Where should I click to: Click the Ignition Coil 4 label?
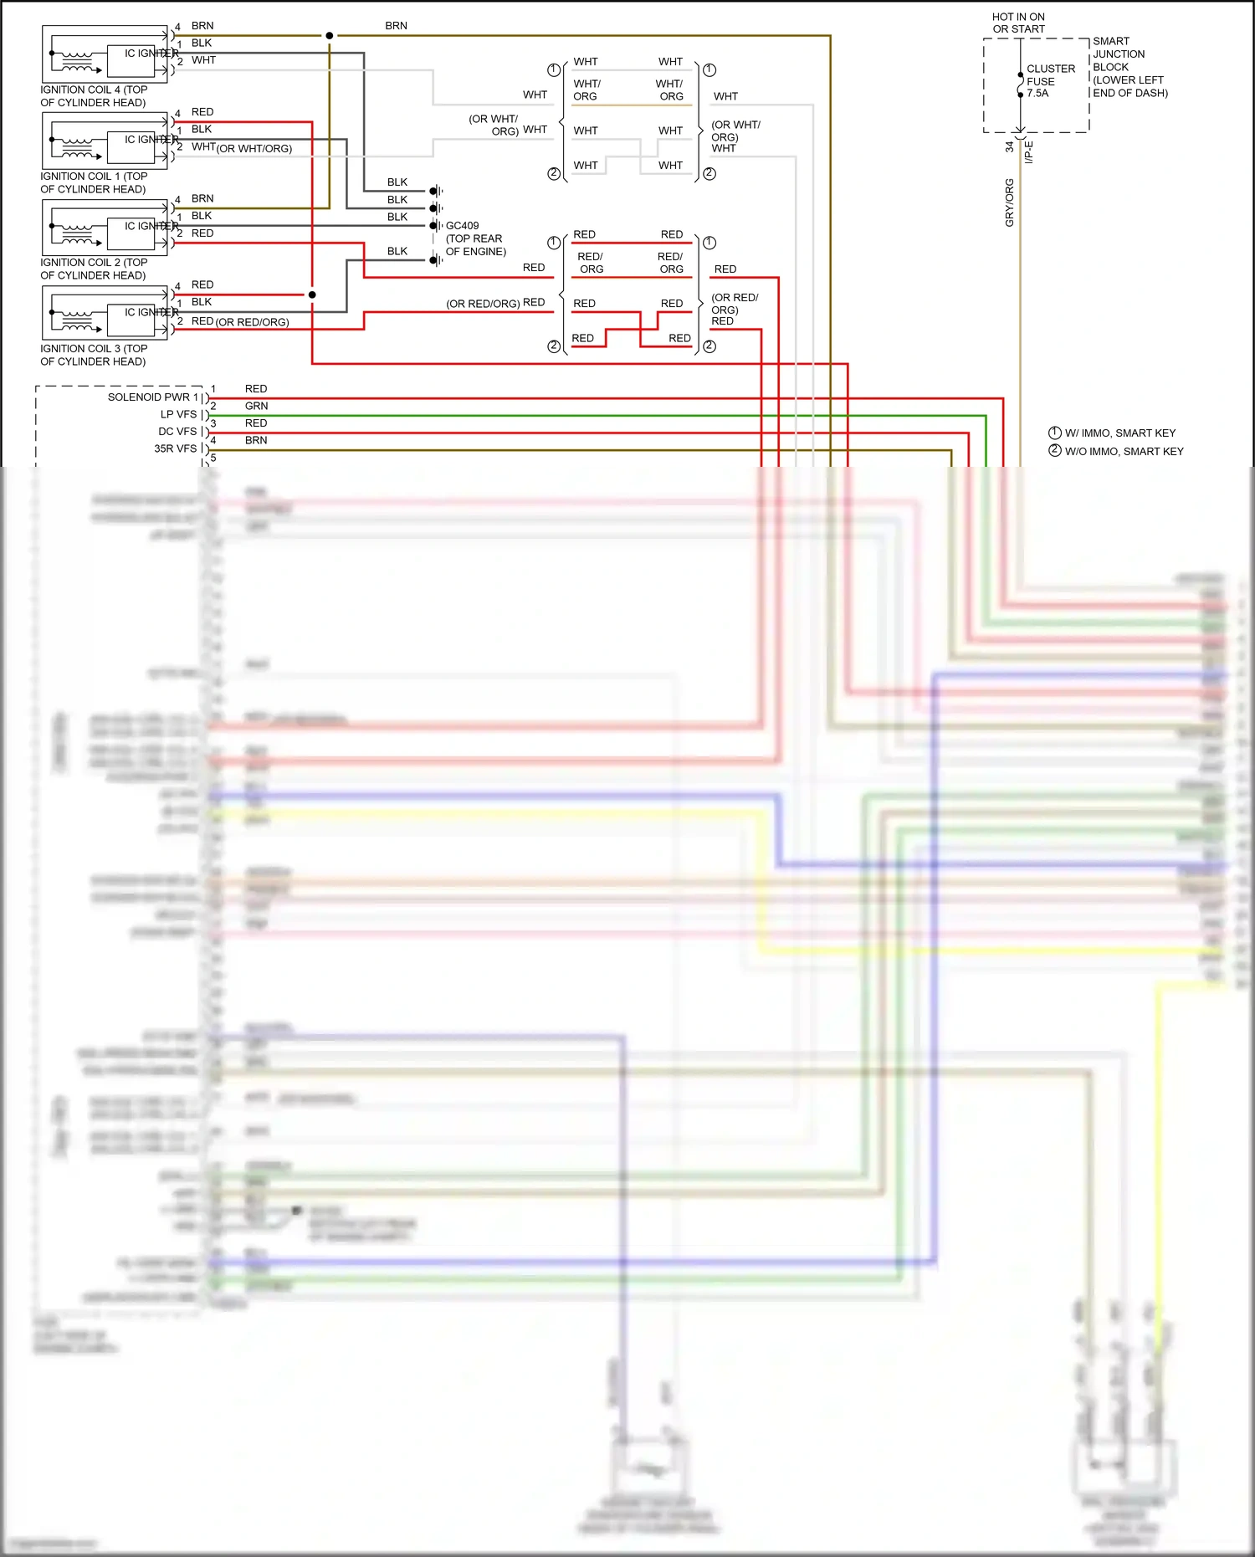point(93,96)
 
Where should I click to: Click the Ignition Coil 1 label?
point(93,182)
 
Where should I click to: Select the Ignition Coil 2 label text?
point(93,269)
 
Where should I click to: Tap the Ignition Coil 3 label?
point(93,355)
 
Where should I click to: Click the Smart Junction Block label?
point(1129,67)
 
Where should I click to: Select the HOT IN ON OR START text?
point(1018,23)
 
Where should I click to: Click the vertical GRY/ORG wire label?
point(1009,202)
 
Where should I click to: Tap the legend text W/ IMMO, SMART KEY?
point(1119,433)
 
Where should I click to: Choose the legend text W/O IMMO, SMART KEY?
point(1123,452)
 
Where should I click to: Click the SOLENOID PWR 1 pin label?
point(152,397)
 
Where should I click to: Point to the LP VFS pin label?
point(178,415)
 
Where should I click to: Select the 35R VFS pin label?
point(175,449)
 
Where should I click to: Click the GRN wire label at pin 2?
point(256,406)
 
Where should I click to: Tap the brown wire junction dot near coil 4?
point(329,36)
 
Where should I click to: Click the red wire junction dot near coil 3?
point(312,294)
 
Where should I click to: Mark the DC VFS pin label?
point(177,432)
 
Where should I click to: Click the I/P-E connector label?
point(1029,152)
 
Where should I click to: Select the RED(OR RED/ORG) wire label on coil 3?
point(240,322)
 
